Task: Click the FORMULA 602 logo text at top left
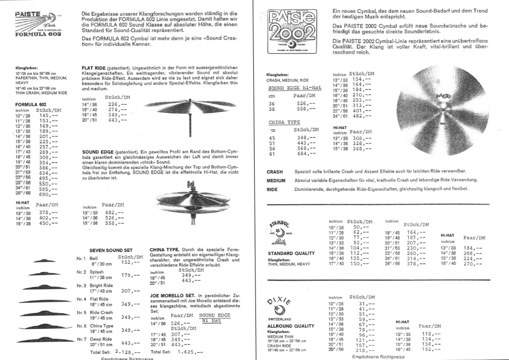(38, 34)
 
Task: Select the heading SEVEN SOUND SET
(111, 250)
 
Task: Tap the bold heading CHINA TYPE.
(164, 250)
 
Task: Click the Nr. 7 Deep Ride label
(101, 339)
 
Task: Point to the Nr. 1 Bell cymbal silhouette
(44, 261)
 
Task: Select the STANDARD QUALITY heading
(291, 253)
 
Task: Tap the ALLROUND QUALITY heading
(291, 326)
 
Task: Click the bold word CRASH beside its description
(275, 172)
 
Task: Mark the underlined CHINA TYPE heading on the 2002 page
(284, 122)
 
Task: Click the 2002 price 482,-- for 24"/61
(362, 116)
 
